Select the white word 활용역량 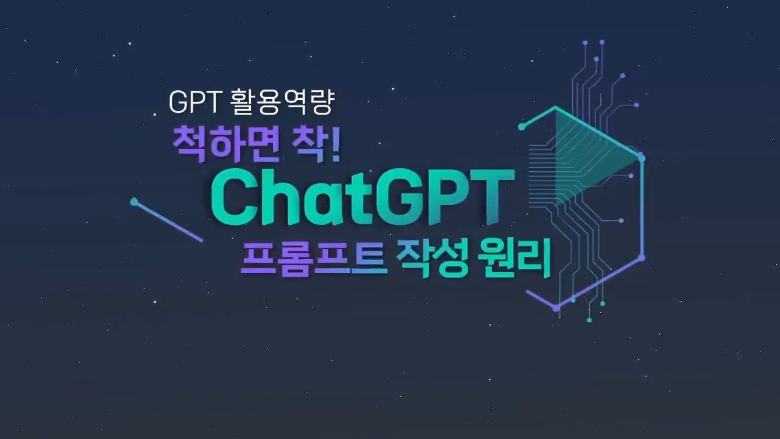tap(282, 102)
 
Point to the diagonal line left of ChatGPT tap(168, 221)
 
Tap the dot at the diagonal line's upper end tap(134, 201)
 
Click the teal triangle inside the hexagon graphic tap(589, 157)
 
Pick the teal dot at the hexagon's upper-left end tap(522, 127)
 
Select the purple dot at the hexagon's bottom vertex tap(556, 308)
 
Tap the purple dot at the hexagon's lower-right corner tap(642, 258)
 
